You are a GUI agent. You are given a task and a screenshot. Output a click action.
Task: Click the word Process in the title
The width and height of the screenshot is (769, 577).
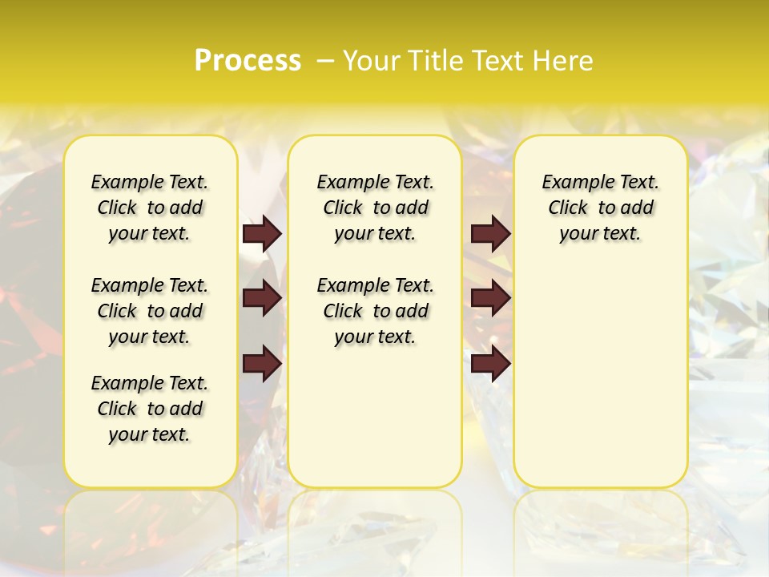coord(248,61)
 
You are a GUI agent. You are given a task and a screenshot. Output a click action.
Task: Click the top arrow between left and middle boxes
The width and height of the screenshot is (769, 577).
coord(262,234)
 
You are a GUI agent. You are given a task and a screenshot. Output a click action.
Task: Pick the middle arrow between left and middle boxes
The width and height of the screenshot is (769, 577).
coord(262,299)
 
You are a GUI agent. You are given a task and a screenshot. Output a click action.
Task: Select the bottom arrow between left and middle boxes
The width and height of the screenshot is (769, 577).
coord(262,364)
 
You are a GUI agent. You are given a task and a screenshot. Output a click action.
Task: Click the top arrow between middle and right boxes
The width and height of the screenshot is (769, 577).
coord(490,234)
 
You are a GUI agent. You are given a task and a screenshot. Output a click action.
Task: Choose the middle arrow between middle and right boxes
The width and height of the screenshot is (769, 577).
coord(490,299)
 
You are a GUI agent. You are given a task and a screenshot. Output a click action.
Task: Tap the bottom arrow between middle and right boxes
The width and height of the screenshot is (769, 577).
coord(490,364)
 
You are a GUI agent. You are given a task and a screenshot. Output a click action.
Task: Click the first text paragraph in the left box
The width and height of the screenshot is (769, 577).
coord(150,208)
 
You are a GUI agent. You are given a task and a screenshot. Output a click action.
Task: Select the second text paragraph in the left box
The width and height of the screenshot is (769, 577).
coord(150,311)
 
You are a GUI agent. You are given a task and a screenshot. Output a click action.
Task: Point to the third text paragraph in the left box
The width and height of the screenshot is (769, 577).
coord(150,409)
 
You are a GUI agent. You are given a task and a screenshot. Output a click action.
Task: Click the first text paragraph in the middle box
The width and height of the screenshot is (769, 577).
coord(375,208)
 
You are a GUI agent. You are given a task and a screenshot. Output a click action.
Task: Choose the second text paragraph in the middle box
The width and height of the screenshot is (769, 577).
coord(375,311)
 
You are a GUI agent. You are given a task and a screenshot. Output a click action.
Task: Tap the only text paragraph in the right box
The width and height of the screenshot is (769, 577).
coord(600,208)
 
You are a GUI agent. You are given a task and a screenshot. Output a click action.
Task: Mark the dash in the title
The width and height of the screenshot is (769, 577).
coord(325,61)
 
